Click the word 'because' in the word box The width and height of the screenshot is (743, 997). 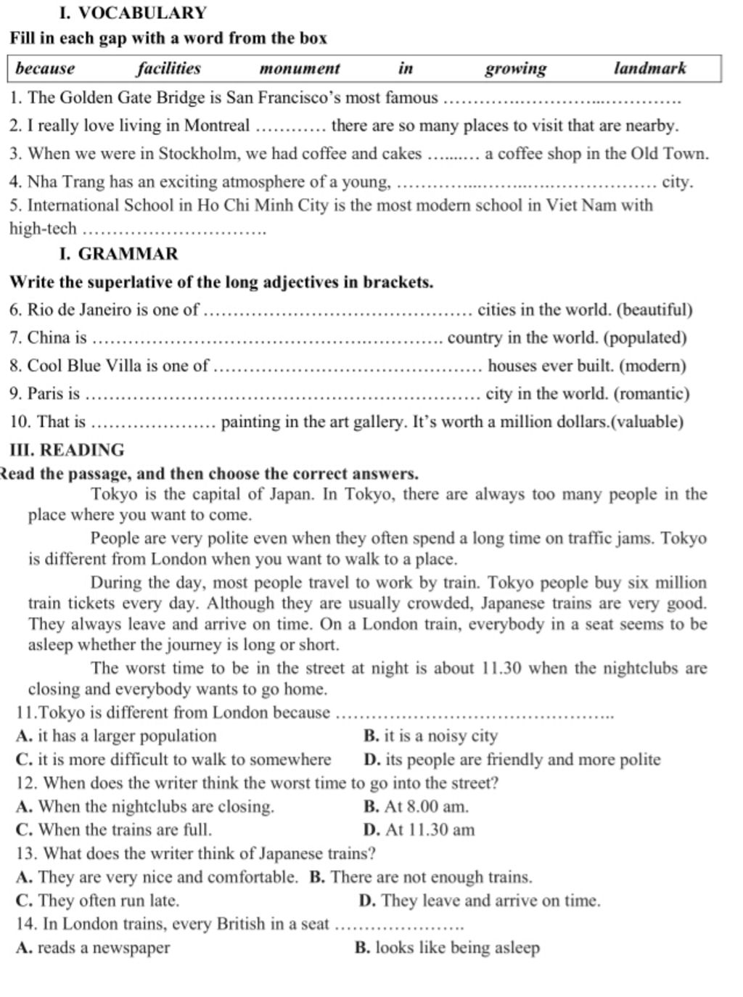tap(45, 68)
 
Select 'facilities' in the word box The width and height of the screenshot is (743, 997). tap(168, 68)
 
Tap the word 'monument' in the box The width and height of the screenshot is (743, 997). tap(300, 68)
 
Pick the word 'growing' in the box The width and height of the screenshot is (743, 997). tap(515, 68)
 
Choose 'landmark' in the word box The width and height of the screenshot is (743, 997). tap(649, 68)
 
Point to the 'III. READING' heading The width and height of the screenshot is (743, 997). tap(67, 450)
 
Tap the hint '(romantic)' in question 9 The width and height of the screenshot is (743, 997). tap(651, 393)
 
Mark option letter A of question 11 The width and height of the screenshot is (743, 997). tap(22, 736)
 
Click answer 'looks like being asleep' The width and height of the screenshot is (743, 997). tap(457, 948)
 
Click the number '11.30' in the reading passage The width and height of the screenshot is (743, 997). tap(501, 668)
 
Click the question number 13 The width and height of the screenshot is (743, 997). tap(25, 853)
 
